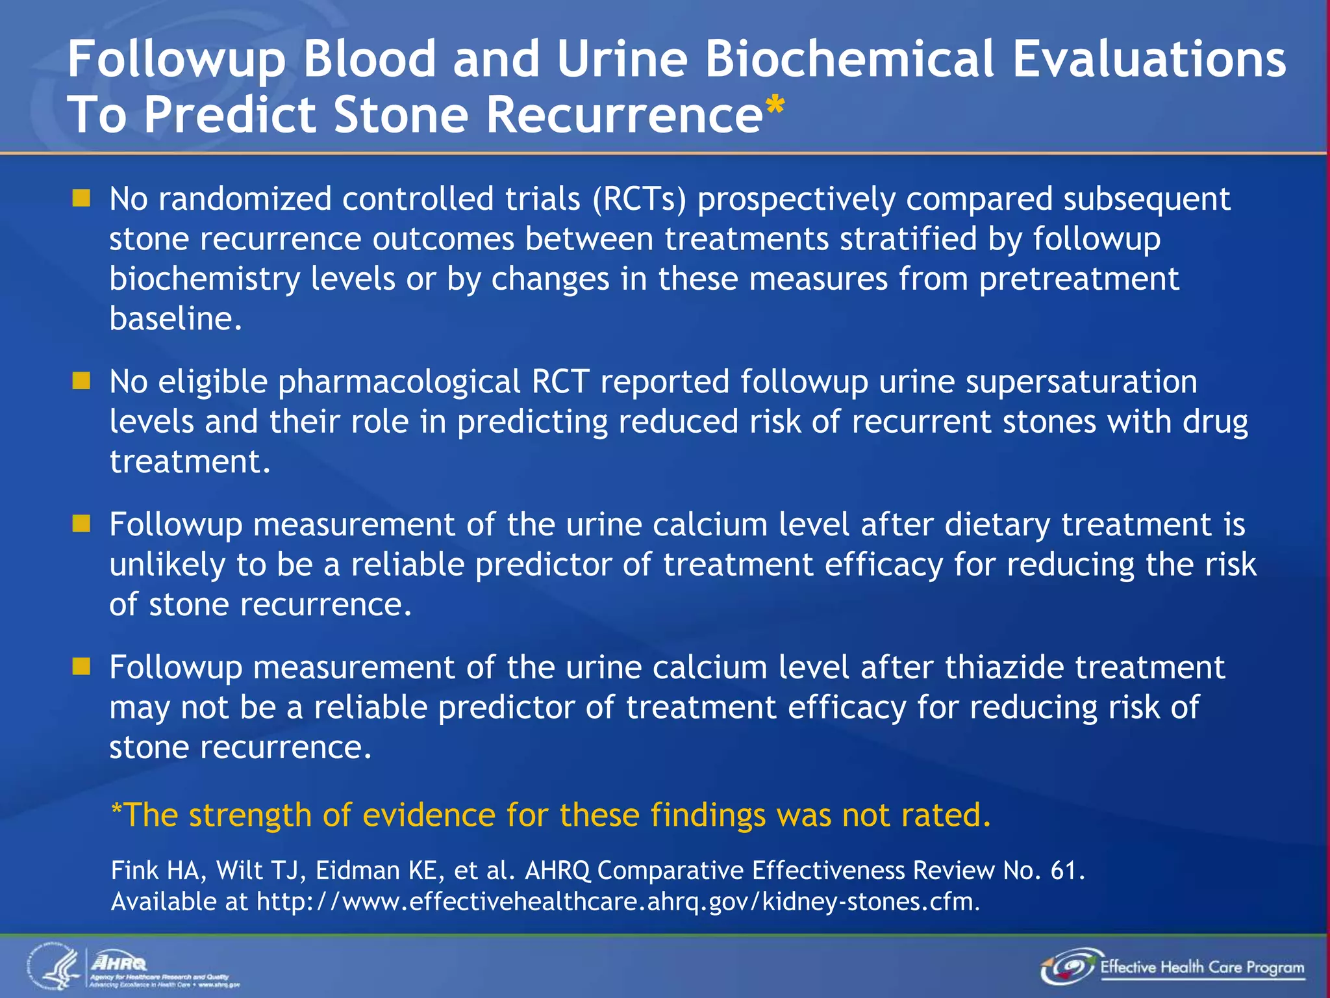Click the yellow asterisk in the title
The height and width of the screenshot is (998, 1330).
[x=775, y=106]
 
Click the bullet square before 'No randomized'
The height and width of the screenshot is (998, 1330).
[x=81, y=198]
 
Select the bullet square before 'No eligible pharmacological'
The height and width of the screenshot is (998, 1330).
[x=81, y=381]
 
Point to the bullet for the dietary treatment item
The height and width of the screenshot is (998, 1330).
[x=81, y=524]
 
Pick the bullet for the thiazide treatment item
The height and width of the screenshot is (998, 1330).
[x=81, y=667]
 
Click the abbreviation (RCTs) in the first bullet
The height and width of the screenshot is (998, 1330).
[x=638, y=199]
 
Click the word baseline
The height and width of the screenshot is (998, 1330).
[x=175, y=318]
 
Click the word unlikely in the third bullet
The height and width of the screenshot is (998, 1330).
[x=167, y=565]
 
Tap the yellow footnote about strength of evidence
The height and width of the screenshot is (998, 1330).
[x=551, y=815]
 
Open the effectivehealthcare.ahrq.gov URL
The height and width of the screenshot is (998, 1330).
[x=618, y=902]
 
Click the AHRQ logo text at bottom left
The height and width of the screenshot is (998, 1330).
[x=119, y=962]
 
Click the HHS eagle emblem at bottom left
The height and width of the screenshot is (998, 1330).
[x=55, y=967]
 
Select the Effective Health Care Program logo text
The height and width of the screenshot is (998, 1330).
[x=1201, y=967]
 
